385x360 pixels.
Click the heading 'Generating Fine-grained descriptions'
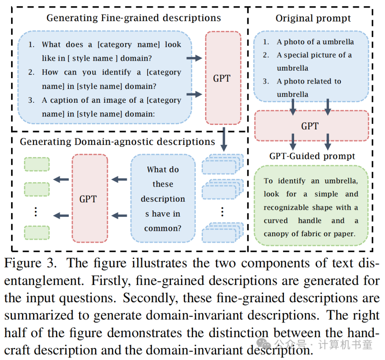(x=134, y=18)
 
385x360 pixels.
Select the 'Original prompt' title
(x=313, y=19)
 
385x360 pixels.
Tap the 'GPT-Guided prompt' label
(x=312, y=156)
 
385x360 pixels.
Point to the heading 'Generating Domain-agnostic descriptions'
(x=117, y=142)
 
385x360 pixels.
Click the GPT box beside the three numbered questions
(x=222, y=78)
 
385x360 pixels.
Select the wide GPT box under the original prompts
(x=310, y=126)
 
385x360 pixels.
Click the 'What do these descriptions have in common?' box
(x=163, y=198)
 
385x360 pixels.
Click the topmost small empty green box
(x=37, y=164)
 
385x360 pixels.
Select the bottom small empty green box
(x=37, y=232)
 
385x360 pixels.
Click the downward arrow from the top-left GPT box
(x=224, y=139)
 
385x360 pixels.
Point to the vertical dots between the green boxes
(x=36, y=212)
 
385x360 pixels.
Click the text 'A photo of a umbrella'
(x=315, y=42)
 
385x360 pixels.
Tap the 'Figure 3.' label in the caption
(x=30, y=263)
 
